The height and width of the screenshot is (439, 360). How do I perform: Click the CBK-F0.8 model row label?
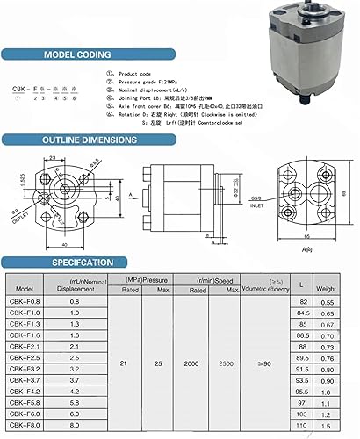point(25,301)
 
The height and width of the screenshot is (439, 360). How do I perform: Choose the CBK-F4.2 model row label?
point(25,391)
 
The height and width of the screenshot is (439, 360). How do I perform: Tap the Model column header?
point(25,287)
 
